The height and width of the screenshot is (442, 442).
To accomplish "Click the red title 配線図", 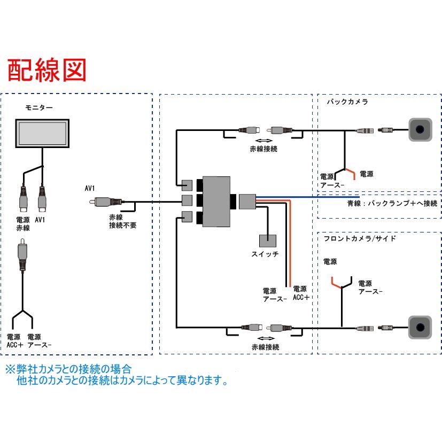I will [46, 70].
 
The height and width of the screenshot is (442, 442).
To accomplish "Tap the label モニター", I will [39, 107].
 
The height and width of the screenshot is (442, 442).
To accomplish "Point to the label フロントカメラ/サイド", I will [360, 238].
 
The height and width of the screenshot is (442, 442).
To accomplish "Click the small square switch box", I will [268, 242].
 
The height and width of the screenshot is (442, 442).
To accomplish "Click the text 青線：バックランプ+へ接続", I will [392, 204].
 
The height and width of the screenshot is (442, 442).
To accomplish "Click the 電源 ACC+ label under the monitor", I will [15, 341].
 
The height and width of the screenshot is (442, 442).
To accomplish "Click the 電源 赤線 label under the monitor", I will [22, 223].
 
